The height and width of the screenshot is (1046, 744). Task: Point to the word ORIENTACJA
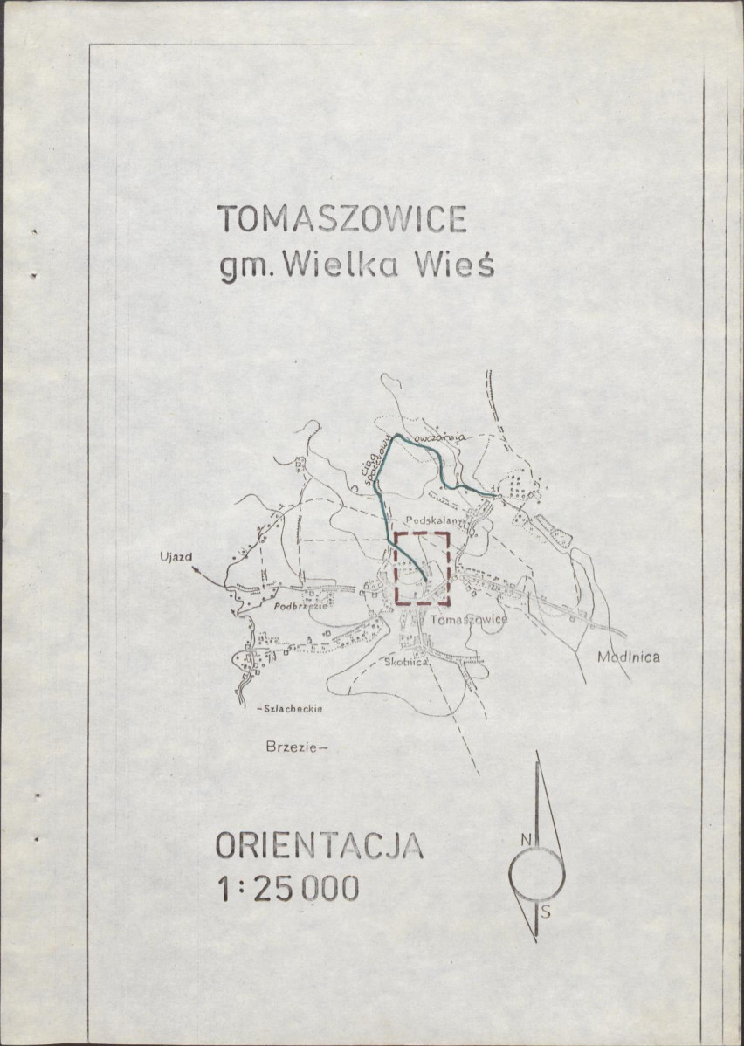point(319,847)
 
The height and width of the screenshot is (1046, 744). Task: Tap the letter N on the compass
point(526,839)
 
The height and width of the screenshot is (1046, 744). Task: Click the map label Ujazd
point(175,555)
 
